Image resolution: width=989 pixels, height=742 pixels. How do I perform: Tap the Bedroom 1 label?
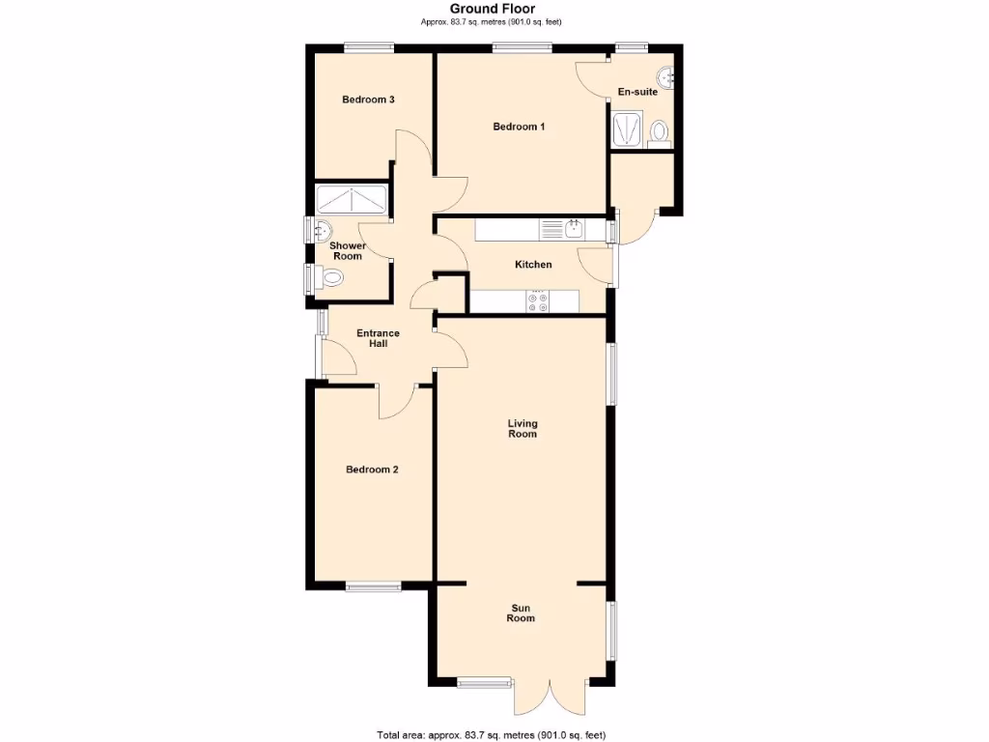tap(519, 127)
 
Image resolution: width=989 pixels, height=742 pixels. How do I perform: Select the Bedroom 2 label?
tap(372, 470)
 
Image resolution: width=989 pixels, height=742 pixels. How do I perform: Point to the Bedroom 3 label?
tap(368, 100)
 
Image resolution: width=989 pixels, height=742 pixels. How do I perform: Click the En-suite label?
tap(637, 92)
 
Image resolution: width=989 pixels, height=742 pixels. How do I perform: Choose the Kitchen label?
tap(533, 265)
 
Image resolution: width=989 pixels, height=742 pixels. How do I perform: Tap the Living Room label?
tap(523, 429)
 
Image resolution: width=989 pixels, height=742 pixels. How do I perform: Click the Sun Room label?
tap(521, 613)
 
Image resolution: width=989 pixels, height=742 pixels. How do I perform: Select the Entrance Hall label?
tap(378, 338)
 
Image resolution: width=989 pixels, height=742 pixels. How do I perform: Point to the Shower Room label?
tap(347, 251)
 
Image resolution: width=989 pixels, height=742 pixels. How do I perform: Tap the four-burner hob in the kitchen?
tap(538, 302)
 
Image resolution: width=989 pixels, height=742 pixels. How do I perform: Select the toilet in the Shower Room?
tap(331, 278)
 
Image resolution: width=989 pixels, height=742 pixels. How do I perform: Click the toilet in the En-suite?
tap(660, 131)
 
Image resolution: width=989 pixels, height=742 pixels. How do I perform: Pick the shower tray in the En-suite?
tap(627, 129)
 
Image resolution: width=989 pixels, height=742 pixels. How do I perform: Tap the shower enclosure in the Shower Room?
tap(352, 200)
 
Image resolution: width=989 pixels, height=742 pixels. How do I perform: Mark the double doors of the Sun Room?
tap(550, 696)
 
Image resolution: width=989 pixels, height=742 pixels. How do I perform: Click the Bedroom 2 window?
tap(374, 585)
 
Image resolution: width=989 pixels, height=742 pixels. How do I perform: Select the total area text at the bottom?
tap(492, 734)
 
